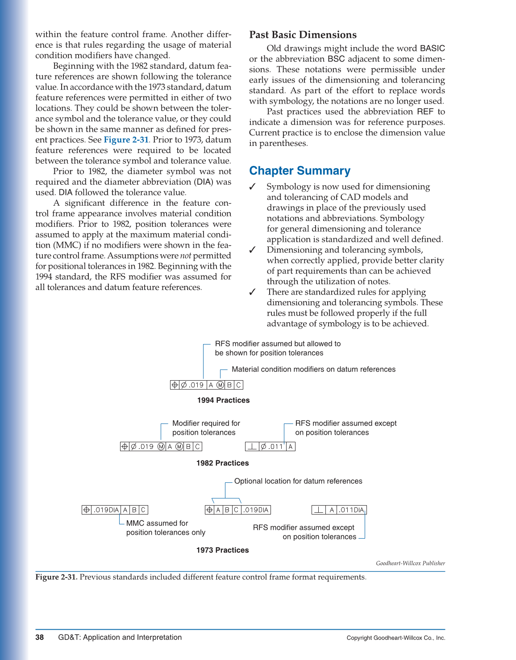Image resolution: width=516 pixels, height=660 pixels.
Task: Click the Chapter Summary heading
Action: point(300,171)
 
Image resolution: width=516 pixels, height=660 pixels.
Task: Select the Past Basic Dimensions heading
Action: point(303,35)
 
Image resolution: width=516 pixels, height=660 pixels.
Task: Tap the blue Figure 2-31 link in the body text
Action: point(126,140)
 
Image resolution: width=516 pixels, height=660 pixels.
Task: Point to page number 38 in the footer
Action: point(40,637)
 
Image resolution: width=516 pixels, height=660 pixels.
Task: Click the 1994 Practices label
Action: point(223,400)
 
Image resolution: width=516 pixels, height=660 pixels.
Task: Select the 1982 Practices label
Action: point(222,463)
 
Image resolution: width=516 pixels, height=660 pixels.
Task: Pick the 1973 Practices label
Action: point(222,550)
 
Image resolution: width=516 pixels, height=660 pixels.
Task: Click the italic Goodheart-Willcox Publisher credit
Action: point(410,563)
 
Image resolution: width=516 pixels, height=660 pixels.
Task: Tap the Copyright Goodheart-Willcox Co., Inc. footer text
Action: point(395,638)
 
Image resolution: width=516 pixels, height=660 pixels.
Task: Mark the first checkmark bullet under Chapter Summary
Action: point(252,187)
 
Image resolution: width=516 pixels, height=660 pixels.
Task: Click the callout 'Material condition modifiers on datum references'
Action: point(313,369)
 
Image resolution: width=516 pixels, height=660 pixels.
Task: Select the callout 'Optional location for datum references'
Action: point(298,481)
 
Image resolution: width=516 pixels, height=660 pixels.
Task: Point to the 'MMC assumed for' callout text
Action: point(157,523)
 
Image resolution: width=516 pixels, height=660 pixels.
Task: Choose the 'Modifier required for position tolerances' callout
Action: point(206,428)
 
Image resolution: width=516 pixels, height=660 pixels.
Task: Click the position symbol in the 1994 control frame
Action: point(175,385)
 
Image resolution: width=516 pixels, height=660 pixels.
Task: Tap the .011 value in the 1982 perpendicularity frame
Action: point(276,447)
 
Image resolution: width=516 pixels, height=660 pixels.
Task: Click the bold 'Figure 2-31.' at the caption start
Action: point(56,577)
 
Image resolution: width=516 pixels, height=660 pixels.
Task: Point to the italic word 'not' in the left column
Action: point(185,256)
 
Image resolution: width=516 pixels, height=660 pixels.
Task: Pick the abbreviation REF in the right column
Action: point(425,112)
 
